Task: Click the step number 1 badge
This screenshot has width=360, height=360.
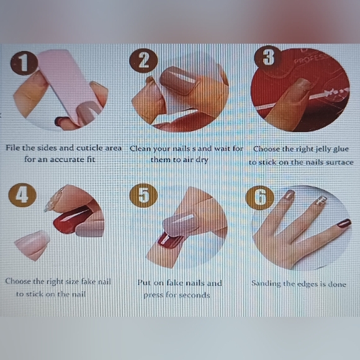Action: (x=24, y=63)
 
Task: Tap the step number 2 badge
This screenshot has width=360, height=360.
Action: (x=143, y=61)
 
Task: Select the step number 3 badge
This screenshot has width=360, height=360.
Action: (x=268, y=56)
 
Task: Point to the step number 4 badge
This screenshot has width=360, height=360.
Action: (x=22, y=195)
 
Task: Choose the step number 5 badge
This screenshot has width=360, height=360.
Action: (x=143, y=196)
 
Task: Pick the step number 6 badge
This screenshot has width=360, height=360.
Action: (x=260, y=197)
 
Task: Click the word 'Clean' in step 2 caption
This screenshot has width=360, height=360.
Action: (x=141, y=148)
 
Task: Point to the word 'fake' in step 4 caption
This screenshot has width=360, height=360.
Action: (x=89, y=281)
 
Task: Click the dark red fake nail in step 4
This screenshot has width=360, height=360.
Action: (x=73, y=219)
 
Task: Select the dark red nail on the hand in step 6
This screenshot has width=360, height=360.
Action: (x=343, y=223)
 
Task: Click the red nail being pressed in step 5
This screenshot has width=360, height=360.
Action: (x=169, y=241)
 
